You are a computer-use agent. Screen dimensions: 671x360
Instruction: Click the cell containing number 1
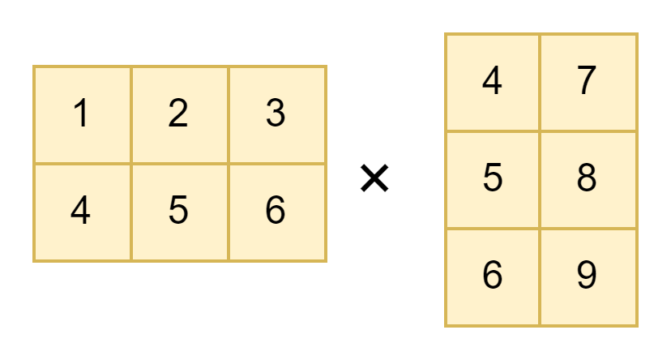(x=81, y=114)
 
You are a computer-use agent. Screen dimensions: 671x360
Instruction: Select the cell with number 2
(x=178, y=114)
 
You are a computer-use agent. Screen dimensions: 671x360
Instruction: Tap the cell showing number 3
(x=276, y=114)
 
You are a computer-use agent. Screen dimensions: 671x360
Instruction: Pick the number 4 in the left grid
(x=81, y=212)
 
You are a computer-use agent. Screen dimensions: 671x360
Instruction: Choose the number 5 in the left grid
(x=178, y=212)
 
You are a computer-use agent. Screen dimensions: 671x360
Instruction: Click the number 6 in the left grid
(x=276, y=212)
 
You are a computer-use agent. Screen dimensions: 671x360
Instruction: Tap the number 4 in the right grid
(x=492, y=81)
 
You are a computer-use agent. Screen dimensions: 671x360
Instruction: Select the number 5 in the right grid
(x=492, y=178)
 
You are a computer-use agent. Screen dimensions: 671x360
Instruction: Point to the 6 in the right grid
(x=492, y=276)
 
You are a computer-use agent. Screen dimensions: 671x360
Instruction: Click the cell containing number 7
(x=587, y=81)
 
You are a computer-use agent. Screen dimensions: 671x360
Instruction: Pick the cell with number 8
(x=587, y=178)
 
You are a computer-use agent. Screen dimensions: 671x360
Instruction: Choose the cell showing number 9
(x=587, y=276)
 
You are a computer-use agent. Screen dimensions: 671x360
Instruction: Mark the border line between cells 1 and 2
(x=130, y=114)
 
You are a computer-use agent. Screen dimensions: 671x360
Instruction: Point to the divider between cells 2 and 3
(x=229, y=114)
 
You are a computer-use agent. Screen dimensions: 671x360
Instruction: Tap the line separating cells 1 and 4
(x=82, y=164)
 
